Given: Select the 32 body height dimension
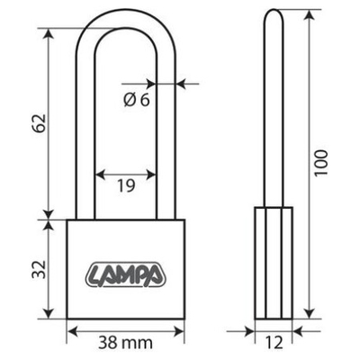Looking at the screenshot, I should (35, 269).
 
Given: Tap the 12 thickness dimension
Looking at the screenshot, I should (274, 343).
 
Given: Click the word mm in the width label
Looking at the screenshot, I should (139, 342).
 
